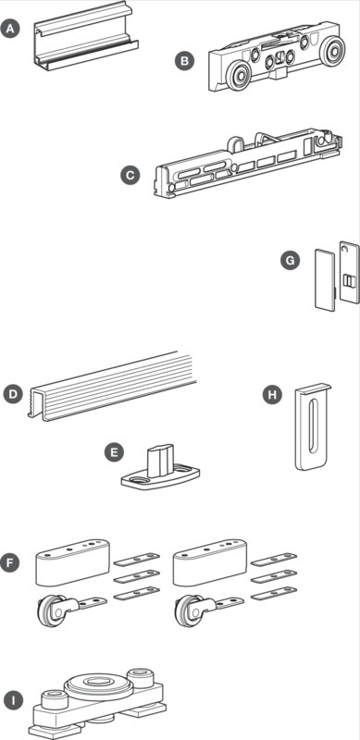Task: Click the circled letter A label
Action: (x=11, y=30)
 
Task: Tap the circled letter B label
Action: (x=184, y=60)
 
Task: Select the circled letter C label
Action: (x=130, y=176)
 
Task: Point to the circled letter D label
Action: (x=13, y=395)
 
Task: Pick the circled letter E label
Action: (x=114, y=452)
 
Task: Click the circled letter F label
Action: (x=11, y=563)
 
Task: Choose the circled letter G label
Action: (x=290, y=260)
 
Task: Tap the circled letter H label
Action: (x=272, y=395)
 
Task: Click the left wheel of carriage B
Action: (x=238, y=77)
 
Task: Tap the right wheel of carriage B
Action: (x=332, y=50)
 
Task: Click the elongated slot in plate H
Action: (x=311, y=427)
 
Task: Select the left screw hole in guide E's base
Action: (x=140, y=479)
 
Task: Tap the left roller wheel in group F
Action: (x=48, y=610)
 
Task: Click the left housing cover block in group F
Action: (x=73, y=561)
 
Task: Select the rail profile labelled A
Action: (x=86, y=35)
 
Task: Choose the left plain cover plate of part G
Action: (x=325, y=280)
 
